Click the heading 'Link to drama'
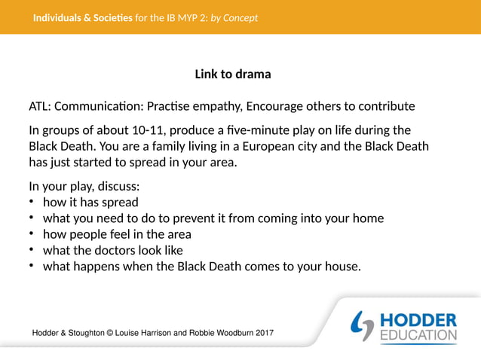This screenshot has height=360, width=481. tap(232, 75)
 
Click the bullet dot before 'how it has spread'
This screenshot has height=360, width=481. tap(32, 202)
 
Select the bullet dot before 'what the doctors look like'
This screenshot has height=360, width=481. tap(32, 250)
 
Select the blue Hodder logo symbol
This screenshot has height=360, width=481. tap(365, 326)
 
